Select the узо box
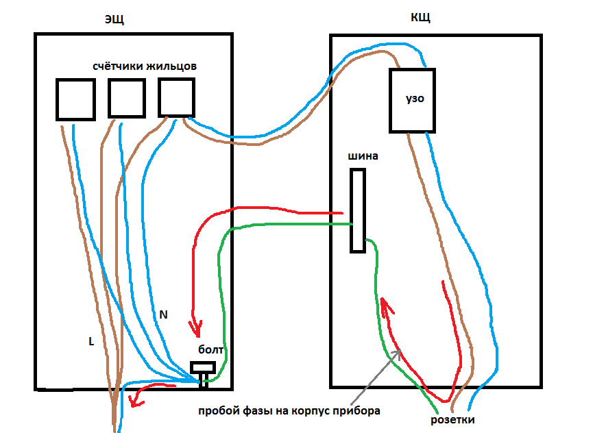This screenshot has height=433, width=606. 412,99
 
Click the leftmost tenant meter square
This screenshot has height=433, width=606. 75,99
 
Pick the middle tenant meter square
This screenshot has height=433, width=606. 127,98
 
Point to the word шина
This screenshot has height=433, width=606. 363,156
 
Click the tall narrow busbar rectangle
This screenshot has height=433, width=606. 357,210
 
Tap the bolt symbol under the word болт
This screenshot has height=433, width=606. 203,371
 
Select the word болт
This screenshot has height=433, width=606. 211,349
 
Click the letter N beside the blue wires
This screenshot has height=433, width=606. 163,314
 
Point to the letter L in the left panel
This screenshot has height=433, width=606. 91,341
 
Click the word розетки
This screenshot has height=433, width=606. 452,419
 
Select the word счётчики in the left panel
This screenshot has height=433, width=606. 117,66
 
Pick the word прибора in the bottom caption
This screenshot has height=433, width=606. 359,411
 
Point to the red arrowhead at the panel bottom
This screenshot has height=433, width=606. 137,398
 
